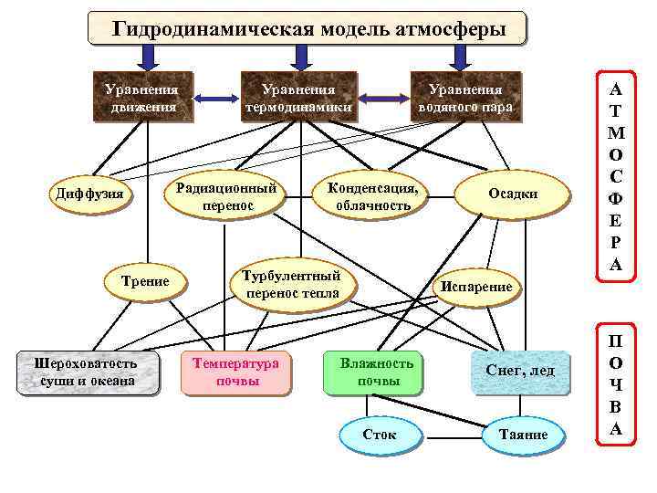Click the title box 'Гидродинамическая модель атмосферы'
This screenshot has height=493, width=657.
pyautogui.click(x=308, y=28)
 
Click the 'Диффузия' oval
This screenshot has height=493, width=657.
pyautogui.click(x=89, y=194)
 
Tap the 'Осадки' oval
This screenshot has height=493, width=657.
pyautogui.click(x=513, y=194)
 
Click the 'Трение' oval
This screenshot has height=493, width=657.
pyautogui.click(x=145, y=281)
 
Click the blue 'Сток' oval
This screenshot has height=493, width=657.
pyautogui.click(x=379, y=435)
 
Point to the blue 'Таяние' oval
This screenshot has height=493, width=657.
pyautogui.click(x=524, y=435)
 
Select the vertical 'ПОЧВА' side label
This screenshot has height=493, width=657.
pyautogui.click(x=616, y=384)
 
